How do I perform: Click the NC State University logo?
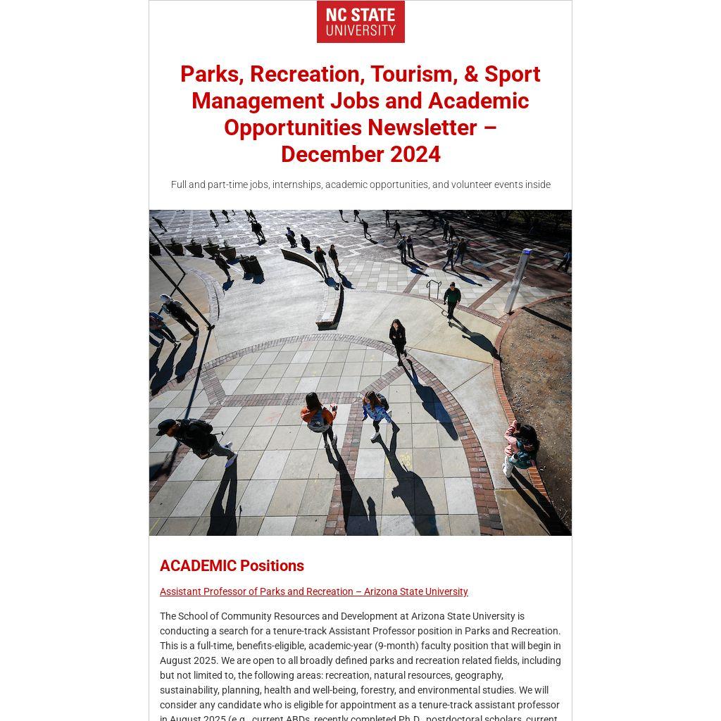coord(360,22)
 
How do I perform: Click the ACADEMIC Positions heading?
coord(232,565)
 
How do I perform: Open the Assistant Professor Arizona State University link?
coord(313,591)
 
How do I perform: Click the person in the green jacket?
coord(452,299)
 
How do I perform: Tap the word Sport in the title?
coord(512,74)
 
